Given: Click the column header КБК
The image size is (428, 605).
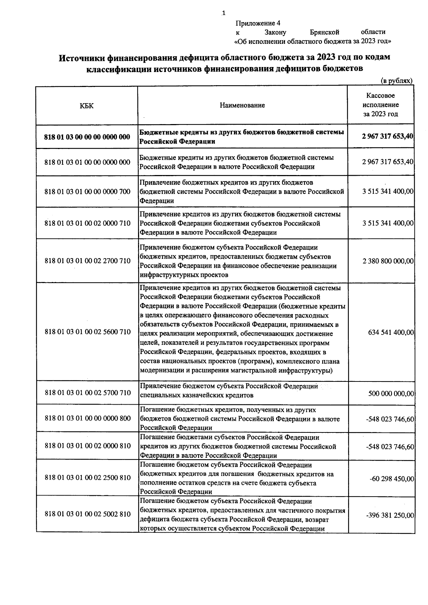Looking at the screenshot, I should pos(87,106).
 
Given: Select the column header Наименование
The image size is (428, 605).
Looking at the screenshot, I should pos(243,105).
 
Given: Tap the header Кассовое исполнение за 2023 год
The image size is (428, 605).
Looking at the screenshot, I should pos(380,105).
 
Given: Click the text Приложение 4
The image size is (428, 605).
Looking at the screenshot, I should pos(258,24).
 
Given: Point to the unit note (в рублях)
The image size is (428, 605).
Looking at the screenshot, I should pos(396,81).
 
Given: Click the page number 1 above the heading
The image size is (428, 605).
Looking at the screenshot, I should pos(224,14).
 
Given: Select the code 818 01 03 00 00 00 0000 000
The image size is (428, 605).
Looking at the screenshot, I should pos(87,137).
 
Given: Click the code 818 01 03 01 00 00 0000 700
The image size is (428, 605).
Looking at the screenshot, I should pos(87,192).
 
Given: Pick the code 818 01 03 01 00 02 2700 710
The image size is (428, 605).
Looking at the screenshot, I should pos(87,261).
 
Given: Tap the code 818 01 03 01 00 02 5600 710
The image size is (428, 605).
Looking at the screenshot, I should pos(87,332).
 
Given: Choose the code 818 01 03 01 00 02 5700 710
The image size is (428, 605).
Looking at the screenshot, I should pos(87,393).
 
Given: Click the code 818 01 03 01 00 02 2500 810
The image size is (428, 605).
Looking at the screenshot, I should pos(87,478).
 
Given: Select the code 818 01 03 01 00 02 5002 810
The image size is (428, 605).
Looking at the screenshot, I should pos(87,514).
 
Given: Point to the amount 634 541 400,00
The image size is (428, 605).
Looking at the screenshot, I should pos(391,332).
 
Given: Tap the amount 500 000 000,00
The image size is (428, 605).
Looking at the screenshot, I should pos(391,394).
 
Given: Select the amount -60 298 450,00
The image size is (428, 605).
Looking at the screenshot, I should pos(392,478).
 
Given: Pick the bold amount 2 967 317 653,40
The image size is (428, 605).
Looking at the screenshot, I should pos(387,136).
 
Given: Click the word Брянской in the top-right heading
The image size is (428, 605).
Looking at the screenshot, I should pos(324,32).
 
